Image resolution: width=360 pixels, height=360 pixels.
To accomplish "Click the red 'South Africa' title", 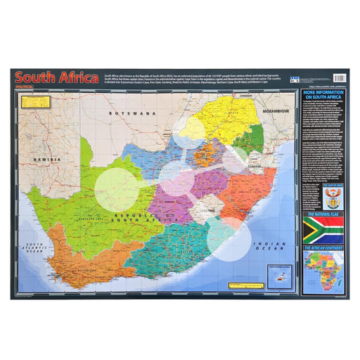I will (57, 78).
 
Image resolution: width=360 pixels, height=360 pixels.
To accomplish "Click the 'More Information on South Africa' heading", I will (323, 96).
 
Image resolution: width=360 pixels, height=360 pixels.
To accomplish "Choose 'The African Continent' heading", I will (323, 249).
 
